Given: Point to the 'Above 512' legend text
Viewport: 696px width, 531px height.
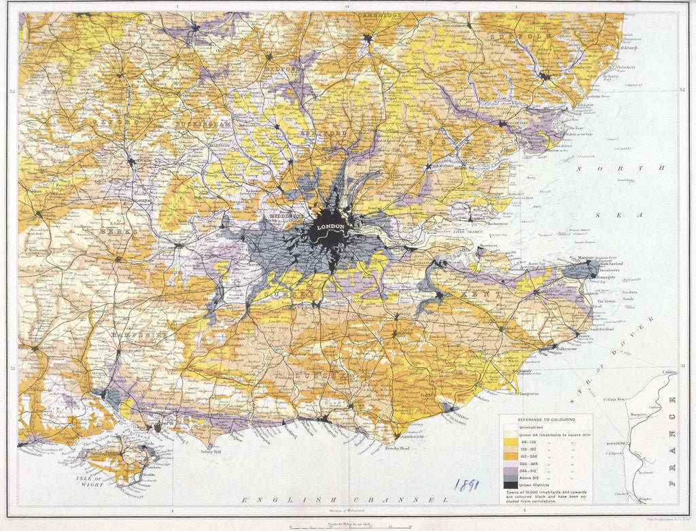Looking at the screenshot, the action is (x=534, y=477).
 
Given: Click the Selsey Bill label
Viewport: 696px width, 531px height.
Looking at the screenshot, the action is (x=195, y=451).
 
